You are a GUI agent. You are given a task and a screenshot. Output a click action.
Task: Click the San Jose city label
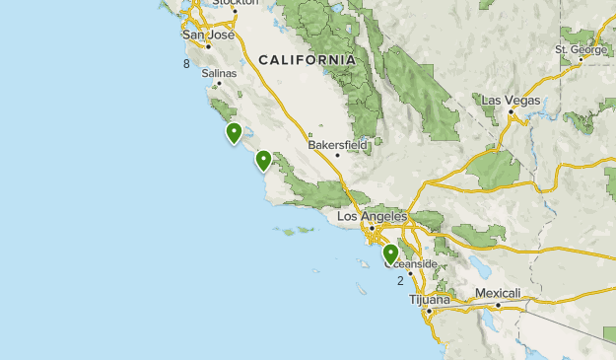tap(209, 36)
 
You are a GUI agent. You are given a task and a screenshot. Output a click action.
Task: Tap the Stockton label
tap(238, 3)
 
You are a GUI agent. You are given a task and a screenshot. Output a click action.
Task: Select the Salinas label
tap(219, 73)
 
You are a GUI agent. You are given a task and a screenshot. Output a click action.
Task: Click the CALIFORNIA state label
tap(307, 60)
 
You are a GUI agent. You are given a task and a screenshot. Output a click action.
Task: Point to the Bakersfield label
tap(337, 144)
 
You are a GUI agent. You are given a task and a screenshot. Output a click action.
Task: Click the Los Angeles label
tap(373, 217)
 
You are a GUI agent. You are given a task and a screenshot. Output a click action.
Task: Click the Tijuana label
tap(430, 299)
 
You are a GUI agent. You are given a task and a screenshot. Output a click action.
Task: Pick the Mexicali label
tap(498, 294)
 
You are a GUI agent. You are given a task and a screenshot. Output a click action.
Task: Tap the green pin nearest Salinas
tap(234, 132)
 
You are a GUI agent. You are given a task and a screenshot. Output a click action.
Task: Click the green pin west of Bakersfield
tap(263, 160)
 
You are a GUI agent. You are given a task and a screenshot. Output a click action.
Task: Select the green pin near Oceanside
tap(390, 254)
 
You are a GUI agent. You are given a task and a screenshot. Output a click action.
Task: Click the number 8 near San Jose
tap(185, 64)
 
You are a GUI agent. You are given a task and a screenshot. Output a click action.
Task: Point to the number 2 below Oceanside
tap(400, 281)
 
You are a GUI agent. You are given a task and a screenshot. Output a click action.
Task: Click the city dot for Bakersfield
tap(337, 155)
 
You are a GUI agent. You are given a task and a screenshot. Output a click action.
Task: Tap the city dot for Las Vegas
tap(512, 111)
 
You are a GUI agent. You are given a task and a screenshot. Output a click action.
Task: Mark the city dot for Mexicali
tap(498, 305)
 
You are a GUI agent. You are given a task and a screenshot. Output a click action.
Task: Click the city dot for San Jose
tap(209, 46)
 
